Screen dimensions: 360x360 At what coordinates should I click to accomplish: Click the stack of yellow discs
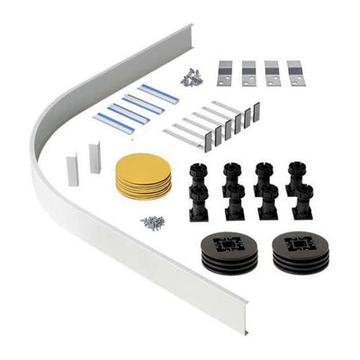[143, 175]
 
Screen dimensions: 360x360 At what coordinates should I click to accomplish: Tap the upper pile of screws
[191, 78]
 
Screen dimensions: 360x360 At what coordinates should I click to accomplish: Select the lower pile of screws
[152, 221]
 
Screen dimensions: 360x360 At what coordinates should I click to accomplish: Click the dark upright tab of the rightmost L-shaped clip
[256, 112]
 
